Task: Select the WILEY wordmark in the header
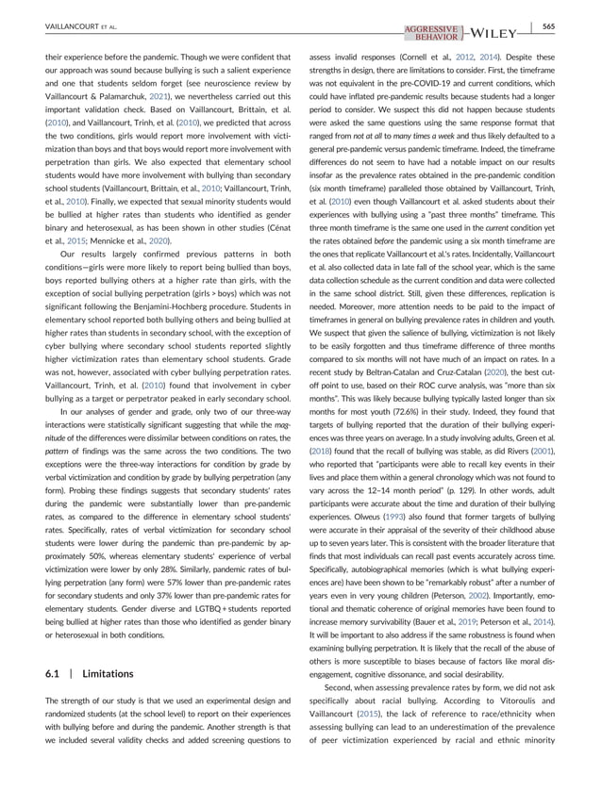pyautogui.click(x=493, y=35)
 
